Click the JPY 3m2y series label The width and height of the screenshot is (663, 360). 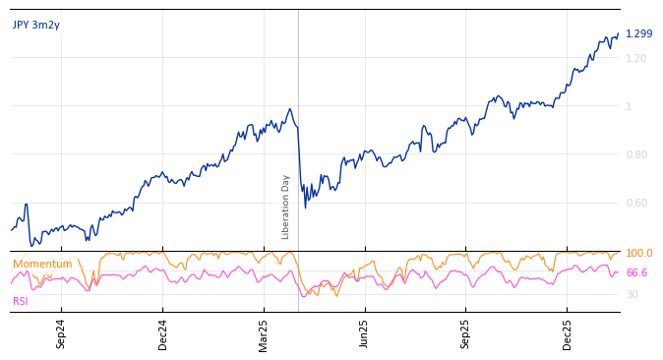point(36,26)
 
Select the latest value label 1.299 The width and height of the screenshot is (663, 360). point(638,33)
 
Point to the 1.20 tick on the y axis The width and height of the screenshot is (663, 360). point(636,58)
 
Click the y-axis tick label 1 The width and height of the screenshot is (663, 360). point(630,106)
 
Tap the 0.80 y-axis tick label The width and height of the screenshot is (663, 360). point(636,154)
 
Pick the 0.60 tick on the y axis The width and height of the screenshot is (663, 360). point(636,203)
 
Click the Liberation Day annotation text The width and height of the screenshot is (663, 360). point(286,207)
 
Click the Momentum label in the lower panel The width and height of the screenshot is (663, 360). point(42,264)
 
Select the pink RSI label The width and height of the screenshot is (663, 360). point(21,301)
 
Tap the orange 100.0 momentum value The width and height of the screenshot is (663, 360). point(638,254)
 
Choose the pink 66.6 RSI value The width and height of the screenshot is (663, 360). point(636,272)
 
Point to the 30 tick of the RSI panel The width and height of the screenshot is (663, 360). point(632,294)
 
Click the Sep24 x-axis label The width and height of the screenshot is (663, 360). point(61,333)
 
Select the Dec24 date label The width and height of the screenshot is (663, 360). point(163,333)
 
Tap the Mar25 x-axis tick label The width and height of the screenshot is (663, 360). point(264,333)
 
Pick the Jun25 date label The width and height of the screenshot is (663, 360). point(365,333)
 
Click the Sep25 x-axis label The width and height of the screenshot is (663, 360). point(466,333)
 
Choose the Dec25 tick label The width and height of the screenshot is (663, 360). point(568,333)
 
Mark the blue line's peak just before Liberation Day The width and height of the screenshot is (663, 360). point(289,109)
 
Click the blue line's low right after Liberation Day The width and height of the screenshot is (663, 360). point(305,207)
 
